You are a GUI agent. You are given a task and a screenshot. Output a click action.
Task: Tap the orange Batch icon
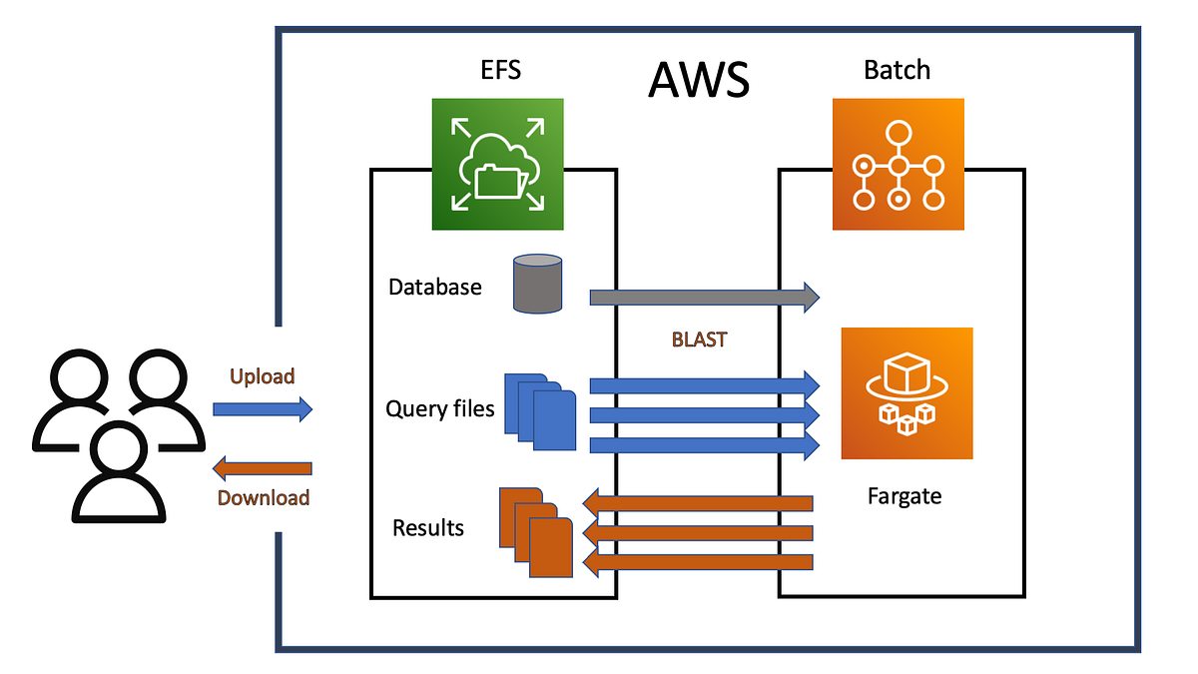[898, 165]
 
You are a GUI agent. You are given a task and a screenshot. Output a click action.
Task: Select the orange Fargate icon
[906, 393]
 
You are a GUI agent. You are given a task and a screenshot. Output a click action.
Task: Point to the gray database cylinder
[538, 283]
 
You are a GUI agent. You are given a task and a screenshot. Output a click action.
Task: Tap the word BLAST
[700, 339]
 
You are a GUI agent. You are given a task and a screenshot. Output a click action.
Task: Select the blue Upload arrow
[263, 408]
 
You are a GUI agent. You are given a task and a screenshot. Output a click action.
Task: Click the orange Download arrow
[263, 468]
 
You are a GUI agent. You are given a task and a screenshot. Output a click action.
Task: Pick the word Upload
[263, 376]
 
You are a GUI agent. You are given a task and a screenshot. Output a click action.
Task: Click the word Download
[264, 497]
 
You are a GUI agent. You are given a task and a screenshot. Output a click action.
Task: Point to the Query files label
[439, 408]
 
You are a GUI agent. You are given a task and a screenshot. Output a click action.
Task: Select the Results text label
[428, 527]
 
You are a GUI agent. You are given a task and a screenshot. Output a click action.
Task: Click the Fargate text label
[904, 495]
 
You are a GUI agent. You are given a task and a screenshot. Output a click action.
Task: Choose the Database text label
[435, 288]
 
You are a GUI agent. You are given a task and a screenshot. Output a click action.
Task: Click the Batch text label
[897, 70]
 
